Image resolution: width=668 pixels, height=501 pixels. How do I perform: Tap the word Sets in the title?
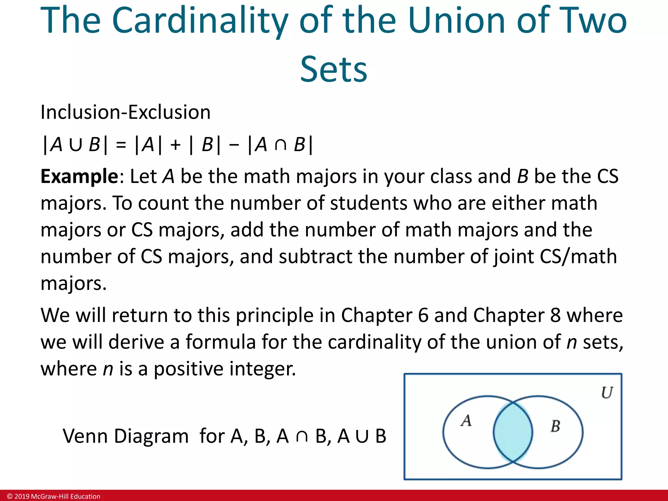pos(333,69)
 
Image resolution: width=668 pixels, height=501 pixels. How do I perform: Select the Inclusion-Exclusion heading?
pos(125,112)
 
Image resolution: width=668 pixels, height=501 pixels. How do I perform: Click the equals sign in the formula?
pos(121,145)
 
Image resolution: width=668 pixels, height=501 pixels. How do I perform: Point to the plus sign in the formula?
pos(175,145)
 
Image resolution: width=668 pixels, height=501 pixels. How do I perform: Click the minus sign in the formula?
pos(234,145)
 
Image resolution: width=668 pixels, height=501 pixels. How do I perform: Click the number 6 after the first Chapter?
pos(423,315)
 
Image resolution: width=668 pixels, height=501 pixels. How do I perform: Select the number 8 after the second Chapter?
pos(555,315)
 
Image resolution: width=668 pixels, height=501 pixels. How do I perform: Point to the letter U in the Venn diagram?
pos(607,393)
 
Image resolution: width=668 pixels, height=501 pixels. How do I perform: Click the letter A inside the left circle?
pos(466,420)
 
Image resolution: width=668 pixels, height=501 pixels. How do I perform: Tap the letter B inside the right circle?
pos(555,426)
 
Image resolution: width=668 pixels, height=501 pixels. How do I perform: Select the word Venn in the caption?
pos(85,436)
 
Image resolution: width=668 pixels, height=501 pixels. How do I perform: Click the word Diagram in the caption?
pos(151,436)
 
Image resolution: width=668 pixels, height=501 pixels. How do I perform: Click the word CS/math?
pos(578,257)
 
